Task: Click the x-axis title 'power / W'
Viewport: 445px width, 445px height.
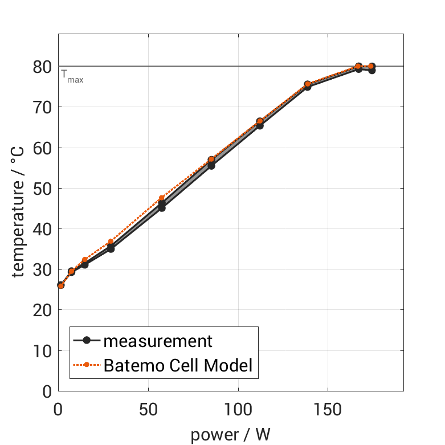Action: [230, 435]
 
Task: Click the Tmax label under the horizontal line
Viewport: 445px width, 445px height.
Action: [72, 76]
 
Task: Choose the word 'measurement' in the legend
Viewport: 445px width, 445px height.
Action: [158, 341]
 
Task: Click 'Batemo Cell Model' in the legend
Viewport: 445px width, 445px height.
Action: [178, 365]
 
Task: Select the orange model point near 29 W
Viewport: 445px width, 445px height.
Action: [111, 242]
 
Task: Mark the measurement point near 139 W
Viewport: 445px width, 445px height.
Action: [307, 87]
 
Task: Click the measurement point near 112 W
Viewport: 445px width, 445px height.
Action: [259, 125]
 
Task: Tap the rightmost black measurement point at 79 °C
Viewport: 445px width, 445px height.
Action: [371, 71]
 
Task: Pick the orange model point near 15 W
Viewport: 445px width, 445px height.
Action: [85, 260]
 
